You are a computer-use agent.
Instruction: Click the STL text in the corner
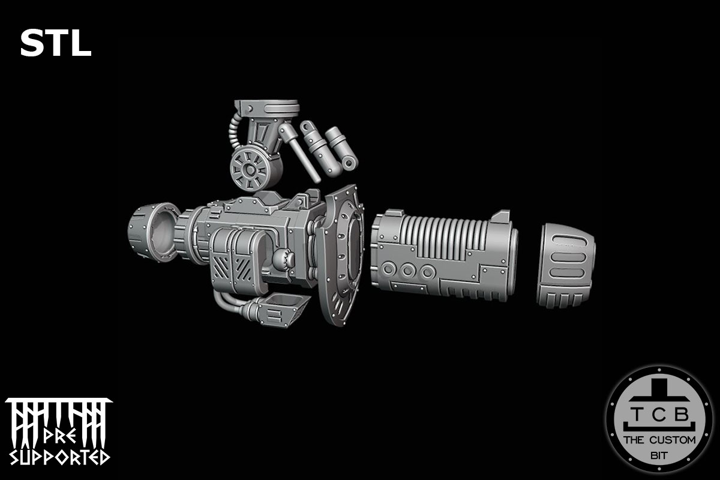point(55,44)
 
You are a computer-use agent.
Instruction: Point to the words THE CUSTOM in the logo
point(659,440)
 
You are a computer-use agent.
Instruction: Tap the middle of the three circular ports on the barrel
point(409,271)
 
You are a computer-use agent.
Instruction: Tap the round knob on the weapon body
point(282,260)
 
